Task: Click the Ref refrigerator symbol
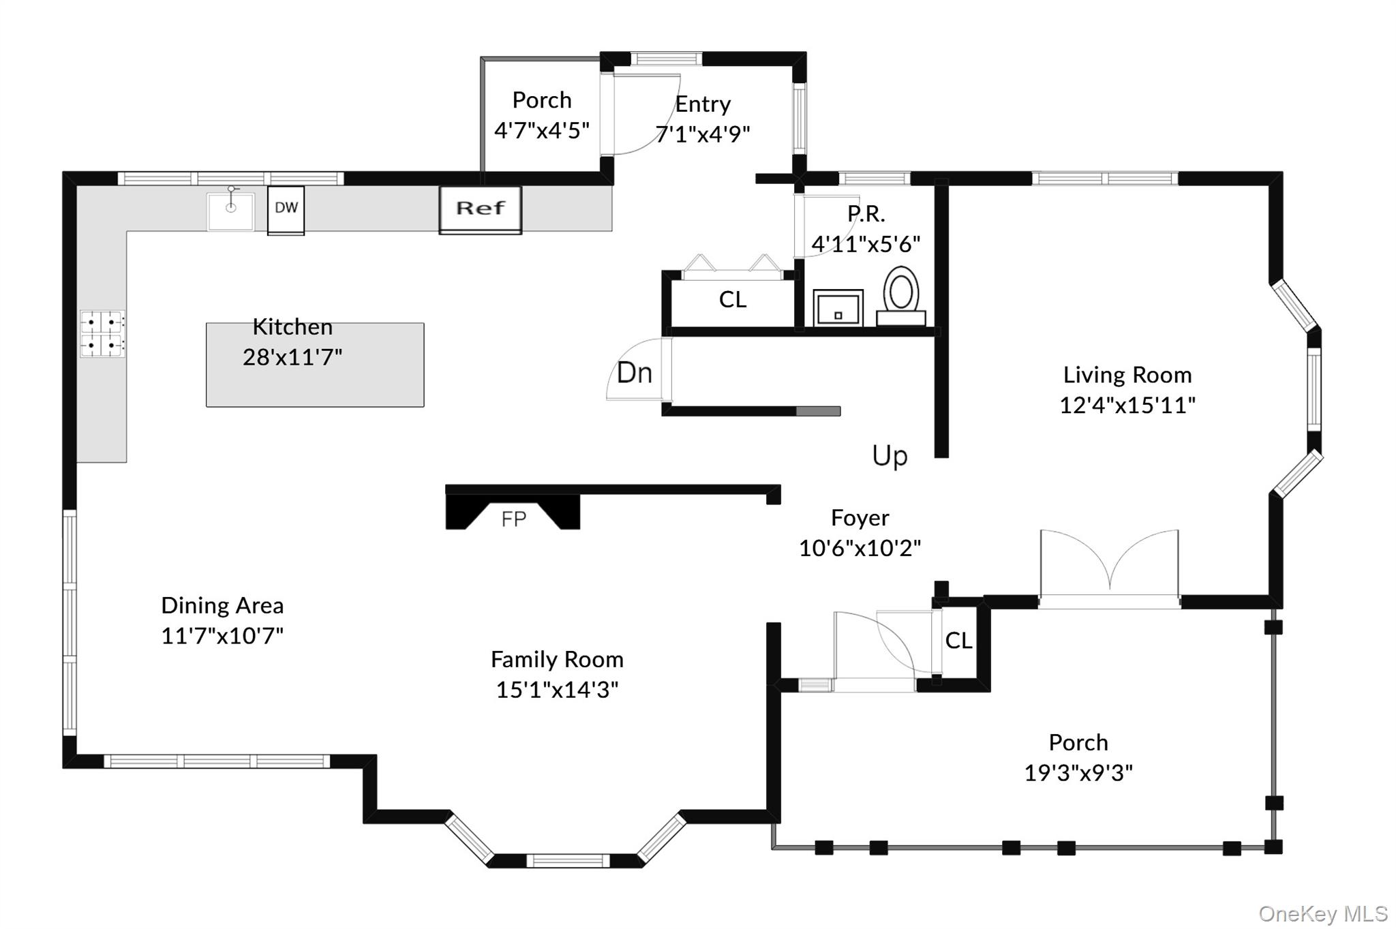(x=481, y=209)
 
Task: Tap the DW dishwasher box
(x=286, y=209)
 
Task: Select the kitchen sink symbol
(x=231, y=211)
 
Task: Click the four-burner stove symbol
(x=102, y=333)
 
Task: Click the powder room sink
(x=838, y=308)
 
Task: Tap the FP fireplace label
(x=513, y=519)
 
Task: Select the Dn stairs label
(x=635, y=373)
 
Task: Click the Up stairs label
(x=890, y=455)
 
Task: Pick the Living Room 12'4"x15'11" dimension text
(x=1127, y=405)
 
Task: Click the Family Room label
(x=557, y=659)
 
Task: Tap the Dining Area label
(x=222, y=605)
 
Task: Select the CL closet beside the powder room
(x=733, y=300)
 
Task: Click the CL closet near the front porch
(x=958, y=641)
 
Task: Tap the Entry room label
(x=703, y=104)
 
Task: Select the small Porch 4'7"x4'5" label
(x=542, y=115)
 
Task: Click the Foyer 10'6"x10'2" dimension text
(x=860, y=548)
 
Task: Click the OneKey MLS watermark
(x=1322, y=913)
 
